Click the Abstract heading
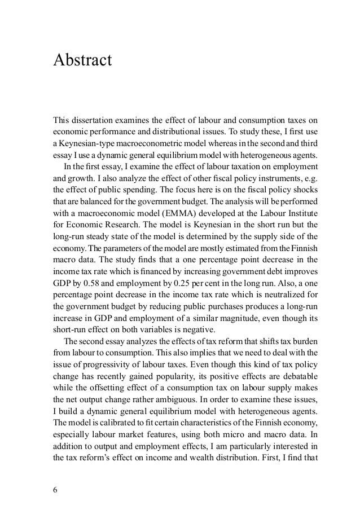(82, 59)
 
